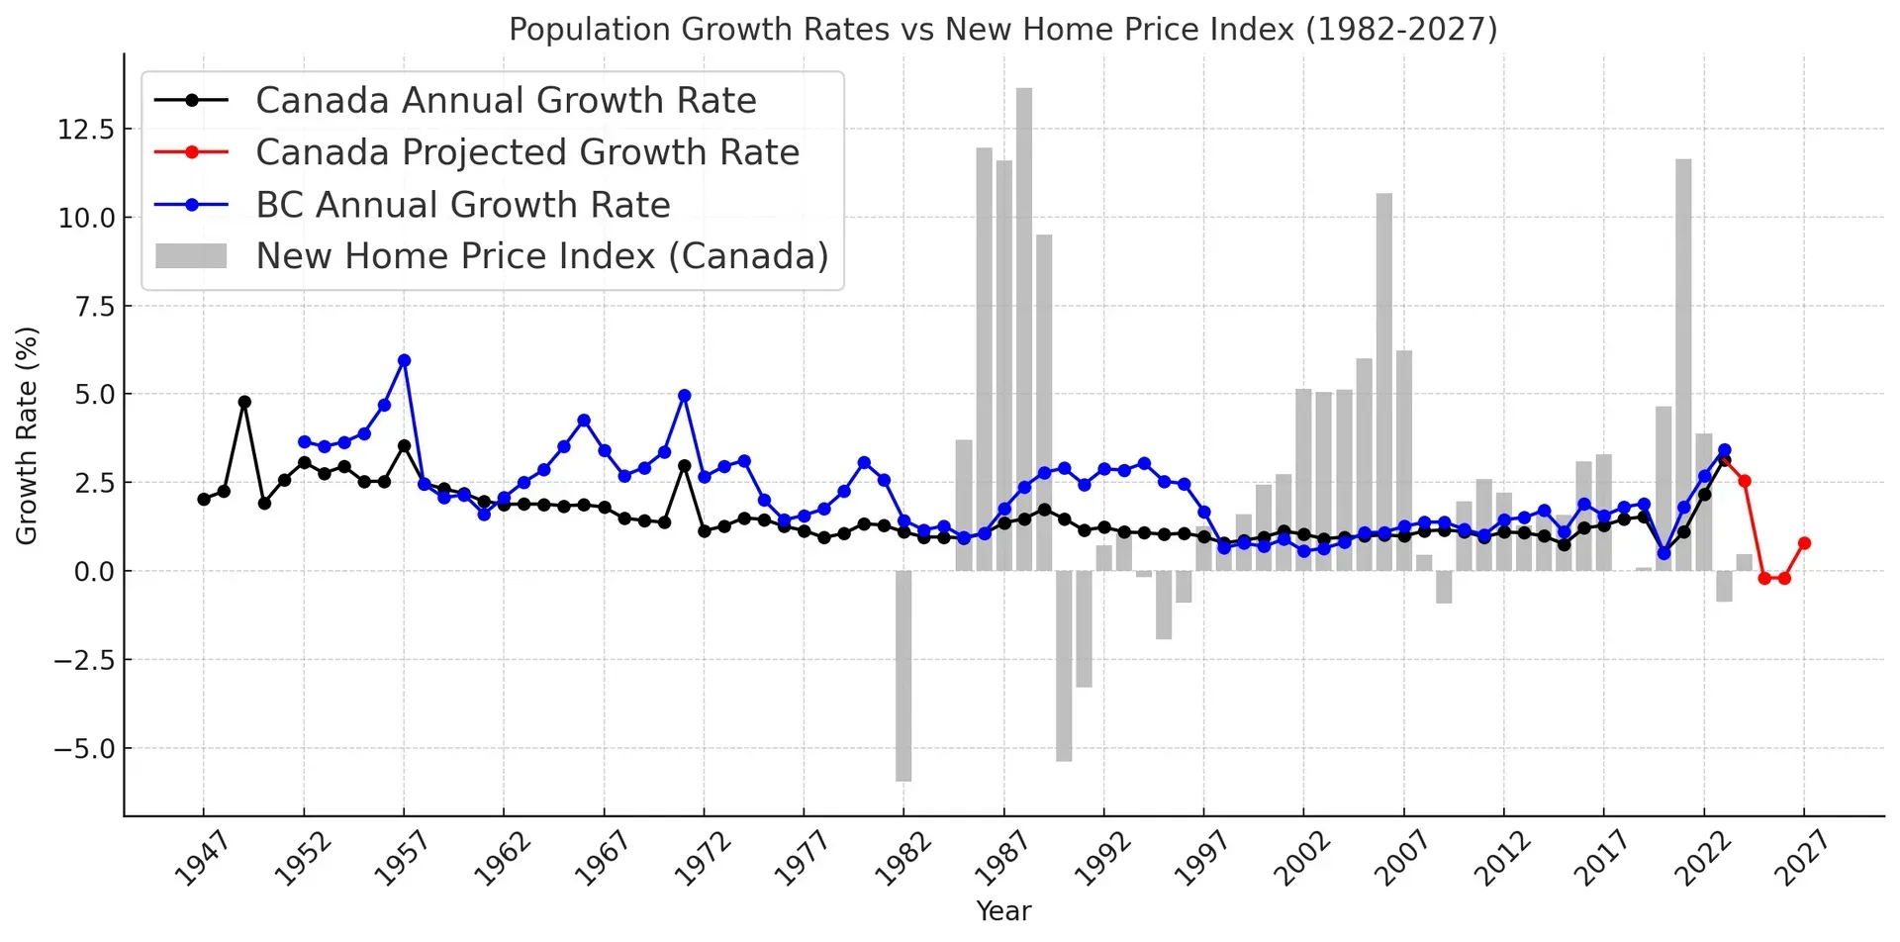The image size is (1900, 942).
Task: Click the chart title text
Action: tap(1002, 30)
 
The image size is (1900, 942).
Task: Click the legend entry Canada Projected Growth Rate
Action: tap(526, 152)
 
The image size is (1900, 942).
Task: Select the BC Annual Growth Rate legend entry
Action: tap(462, 205)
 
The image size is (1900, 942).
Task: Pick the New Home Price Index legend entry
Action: tap(541, 256)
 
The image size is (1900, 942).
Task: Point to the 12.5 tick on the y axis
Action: tap(86, 130)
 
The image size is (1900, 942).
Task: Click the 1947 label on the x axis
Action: tap(201, 859)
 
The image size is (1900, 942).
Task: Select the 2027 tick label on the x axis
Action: tap(1801, 859)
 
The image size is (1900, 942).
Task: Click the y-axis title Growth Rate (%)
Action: tap(27, 435)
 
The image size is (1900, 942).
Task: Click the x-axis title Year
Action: tap(1002, 911)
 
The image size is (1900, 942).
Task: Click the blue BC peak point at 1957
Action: tap(404, 361)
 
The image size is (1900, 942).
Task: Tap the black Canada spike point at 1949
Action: tap(244, 402)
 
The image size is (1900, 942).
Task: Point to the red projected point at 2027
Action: tap(1804, 543)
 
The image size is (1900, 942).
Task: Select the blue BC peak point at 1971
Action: tap(684, 396)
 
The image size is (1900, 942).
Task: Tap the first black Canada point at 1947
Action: tap(204, 500)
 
